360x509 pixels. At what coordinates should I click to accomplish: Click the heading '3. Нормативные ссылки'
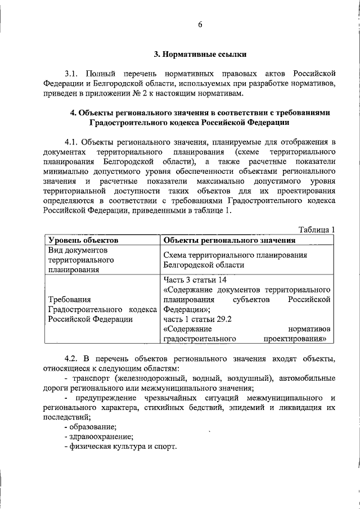point(200,55)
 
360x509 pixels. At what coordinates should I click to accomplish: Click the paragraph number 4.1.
point(71,141)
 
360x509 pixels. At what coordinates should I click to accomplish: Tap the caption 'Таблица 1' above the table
point(316,229)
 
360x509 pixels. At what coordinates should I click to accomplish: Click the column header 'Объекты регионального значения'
point(229,240)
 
